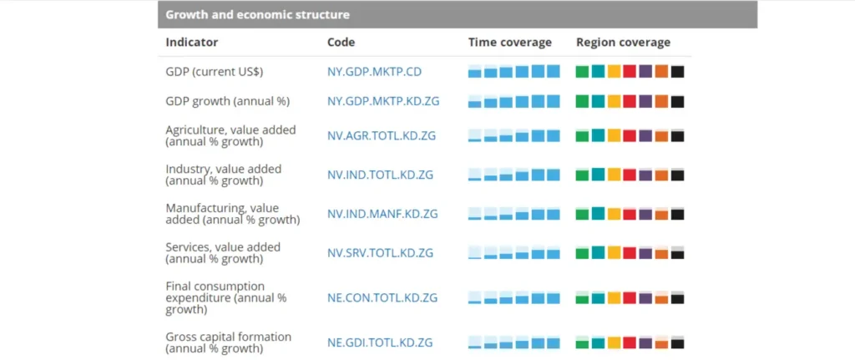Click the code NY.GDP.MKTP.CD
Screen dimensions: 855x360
pos(375,72)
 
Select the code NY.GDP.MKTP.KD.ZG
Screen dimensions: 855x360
pos(383,101)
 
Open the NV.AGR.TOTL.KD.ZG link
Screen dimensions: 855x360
pos(382,136)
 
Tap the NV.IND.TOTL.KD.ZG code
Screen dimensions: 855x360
pos(381,175)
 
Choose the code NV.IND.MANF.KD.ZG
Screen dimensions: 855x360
pos(382,214)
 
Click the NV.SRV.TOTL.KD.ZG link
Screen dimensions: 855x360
pos(381,253)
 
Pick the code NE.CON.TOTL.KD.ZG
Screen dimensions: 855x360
pos(382,298)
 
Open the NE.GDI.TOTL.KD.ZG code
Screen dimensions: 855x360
pos(380,342)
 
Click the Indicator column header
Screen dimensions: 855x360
pos(192,43)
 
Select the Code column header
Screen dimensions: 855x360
pos(341,43)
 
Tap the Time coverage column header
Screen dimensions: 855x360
pos(510,43)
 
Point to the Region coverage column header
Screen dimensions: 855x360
pos(623,43)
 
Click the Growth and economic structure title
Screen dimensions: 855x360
pos(257,15)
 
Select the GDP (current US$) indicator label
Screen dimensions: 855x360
pos(215,72)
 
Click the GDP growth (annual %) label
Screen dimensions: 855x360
pos(228,101)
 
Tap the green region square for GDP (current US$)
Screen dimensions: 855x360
pos(582,72)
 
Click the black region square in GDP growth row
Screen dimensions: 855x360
pos(678,101)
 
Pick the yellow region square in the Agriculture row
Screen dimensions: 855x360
pos(615,136)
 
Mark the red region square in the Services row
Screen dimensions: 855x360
pos(630,252)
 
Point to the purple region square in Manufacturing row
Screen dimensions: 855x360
pos(645,215)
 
